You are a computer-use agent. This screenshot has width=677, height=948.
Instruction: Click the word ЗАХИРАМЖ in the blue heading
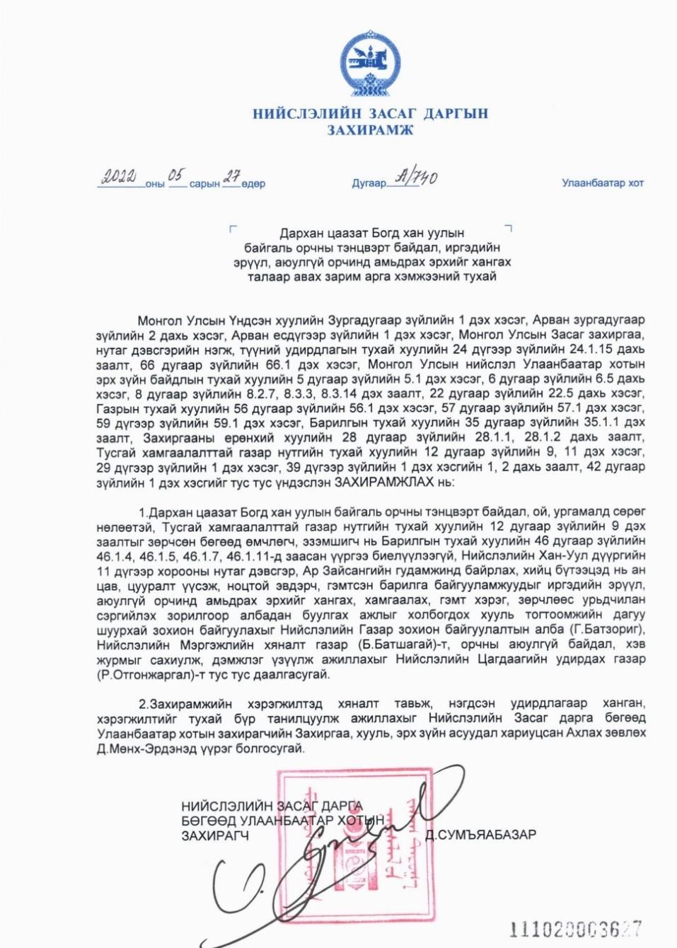(370, 130)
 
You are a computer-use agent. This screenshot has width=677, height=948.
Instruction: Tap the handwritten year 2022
(120, 177)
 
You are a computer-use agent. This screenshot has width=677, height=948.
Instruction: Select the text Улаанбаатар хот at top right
(603, 183)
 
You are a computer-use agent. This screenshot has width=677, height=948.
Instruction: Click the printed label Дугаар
(369, 183)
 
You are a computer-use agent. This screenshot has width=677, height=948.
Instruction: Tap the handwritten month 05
(176, 175)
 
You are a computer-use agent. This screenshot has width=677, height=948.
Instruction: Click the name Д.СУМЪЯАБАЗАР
(480, 835)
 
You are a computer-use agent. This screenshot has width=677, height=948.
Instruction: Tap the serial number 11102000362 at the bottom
(575, 928)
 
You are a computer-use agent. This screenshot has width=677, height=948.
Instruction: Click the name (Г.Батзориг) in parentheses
(608, 630)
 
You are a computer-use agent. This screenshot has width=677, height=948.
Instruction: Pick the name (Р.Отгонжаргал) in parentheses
(141, 674)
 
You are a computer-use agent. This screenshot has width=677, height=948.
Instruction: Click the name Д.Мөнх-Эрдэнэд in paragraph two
(139, 748)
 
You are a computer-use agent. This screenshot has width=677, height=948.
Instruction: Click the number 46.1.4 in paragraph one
(115, 555)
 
